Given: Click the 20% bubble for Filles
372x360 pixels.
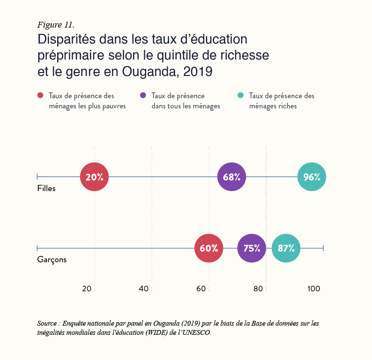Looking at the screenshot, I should coord(94,177).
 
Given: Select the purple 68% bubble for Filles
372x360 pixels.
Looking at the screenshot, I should coord(232,177).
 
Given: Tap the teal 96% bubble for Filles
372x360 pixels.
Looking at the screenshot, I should coord(311,177).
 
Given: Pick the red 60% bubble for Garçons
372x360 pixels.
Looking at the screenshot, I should coord(209,248).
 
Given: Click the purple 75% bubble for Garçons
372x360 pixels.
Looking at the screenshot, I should coord(252,248).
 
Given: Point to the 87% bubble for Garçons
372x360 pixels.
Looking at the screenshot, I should coord(286,248).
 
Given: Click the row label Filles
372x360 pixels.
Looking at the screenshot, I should coord(46,189).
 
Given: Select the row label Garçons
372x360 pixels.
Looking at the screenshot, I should coord(52,260).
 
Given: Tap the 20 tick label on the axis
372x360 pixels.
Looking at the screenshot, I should coord(87,289).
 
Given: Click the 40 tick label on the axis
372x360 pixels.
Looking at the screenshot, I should coord(144,289).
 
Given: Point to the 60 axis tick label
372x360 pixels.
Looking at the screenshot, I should coord(201,289).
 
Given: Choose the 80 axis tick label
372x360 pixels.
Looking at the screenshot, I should coord(258,289).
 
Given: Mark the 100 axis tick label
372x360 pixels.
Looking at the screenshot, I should coord(313,289).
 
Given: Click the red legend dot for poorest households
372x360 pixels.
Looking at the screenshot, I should coord(41,96).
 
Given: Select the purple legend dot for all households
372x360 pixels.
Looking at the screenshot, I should coord(143,96).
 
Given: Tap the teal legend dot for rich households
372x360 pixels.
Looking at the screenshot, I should coord(241,96).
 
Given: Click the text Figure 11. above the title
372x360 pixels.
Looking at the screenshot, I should coord(56,25).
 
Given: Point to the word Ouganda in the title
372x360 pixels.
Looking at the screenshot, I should coord(150,72).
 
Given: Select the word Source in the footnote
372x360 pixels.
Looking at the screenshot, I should coord(47,323).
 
